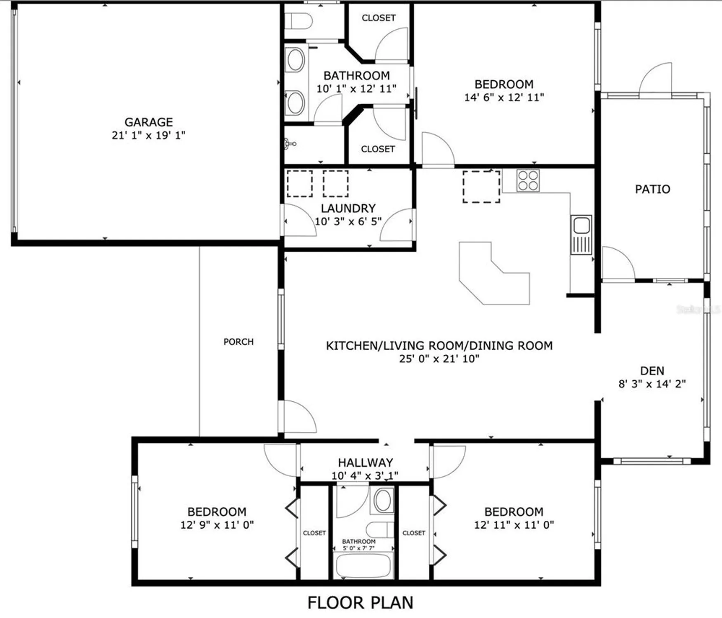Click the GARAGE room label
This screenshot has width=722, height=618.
tap(149, 122)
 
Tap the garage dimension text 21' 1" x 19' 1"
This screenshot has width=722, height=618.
tap(149, 135)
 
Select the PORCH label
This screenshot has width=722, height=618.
tap(238, 342)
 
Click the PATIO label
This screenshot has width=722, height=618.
tap(652, 189)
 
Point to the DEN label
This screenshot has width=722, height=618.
tap(652, 371)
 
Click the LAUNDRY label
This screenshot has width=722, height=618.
tap(348, 208)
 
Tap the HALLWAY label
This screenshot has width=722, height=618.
tap(365, 462)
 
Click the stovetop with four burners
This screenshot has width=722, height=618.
tap(528, 180)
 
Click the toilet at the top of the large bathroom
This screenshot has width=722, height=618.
tap(299, 21)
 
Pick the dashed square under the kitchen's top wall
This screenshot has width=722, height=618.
tap(481, 187)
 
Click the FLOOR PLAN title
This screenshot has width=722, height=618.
tap(360, 602)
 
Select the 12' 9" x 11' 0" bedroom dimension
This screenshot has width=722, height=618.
tap(217, 525)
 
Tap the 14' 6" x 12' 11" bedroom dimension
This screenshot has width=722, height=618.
tap(504, 98)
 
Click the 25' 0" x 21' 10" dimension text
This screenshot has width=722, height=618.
tap(439, 358)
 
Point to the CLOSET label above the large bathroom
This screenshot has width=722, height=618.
tap(378, 18)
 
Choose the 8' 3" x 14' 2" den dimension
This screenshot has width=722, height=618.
tap(652, 384)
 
